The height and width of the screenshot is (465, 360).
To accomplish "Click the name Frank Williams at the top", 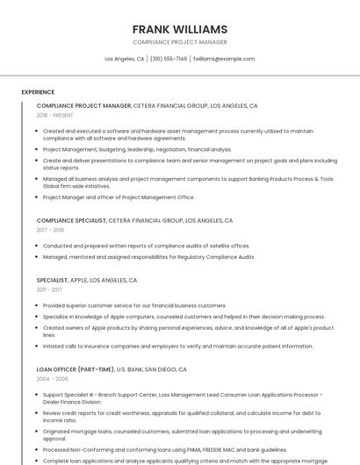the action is click(180, 29).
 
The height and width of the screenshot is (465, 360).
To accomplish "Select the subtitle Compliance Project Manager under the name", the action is click(180, 42).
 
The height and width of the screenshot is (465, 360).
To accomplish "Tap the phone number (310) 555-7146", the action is click(169, 59).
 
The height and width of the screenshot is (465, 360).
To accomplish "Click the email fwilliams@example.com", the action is click(224, 59).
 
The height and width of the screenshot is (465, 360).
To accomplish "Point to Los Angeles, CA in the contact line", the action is click(125, 59).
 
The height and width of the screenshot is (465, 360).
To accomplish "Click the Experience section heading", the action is click(38, 92).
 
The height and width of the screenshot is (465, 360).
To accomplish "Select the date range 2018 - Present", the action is click(55, 115).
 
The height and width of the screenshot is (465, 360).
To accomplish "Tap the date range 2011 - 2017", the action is click(49, 289).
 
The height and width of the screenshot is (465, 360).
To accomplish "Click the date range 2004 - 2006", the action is click(53, 380).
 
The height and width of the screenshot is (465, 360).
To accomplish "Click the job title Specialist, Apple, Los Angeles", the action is click(87, 280).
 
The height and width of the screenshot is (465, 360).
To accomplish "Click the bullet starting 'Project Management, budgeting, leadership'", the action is click(137, 150).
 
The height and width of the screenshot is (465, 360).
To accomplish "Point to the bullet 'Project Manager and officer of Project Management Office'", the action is click(119, 197).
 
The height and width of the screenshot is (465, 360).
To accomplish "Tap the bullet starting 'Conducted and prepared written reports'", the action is click(146, 246).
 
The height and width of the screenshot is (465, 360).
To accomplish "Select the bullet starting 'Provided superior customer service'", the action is click(134, 305).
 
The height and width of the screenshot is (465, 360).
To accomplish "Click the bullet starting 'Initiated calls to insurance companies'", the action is click(165, 346).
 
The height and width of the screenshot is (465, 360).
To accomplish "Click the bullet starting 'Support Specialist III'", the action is click(183, 394).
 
